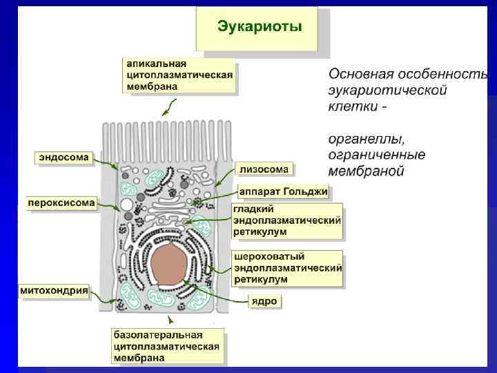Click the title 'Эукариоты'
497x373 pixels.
(260, 28)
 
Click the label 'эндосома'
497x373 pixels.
(64, 157)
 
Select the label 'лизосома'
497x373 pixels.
(264, 169)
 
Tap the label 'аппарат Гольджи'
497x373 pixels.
(283, 191)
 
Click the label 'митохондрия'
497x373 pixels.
(53, 291)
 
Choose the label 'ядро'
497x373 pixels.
(265, 302)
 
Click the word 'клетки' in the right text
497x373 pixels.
(349, 107)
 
